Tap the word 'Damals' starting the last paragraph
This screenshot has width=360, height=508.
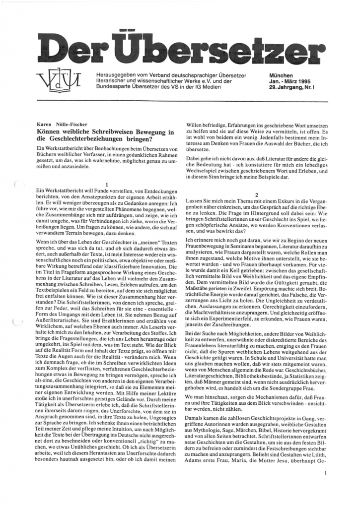(196, 419)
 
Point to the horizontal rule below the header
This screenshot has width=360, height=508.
(180, 101)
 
